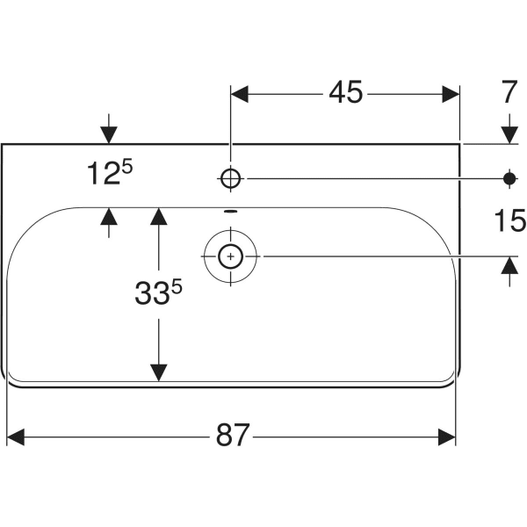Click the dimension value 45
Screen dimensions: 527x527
pos(345,92)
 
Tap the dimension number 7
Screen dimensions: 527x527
pos(508,92)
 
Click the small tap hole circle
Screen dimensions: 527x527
pos(230,178)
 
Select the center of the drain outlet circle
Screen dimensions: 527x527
pos(230,256)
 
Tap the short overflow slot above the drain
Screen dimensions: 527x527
pos(230,212)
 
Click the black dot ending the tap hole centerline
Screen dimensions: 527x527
pos(508,178)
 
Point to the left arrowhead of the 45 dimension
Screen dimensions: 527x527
pos(240,92)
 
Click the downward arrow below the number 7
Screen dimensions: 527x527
pos(508,134)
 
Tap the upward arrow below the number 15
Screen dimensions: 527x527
pos(508,265)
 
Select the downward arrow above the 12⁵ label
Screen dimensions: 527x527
pos(108,134)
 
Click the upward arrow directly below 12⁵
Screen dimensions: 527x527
pos(108,216)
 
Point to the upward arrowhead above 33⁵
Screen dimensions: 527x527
pos(158,216)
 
